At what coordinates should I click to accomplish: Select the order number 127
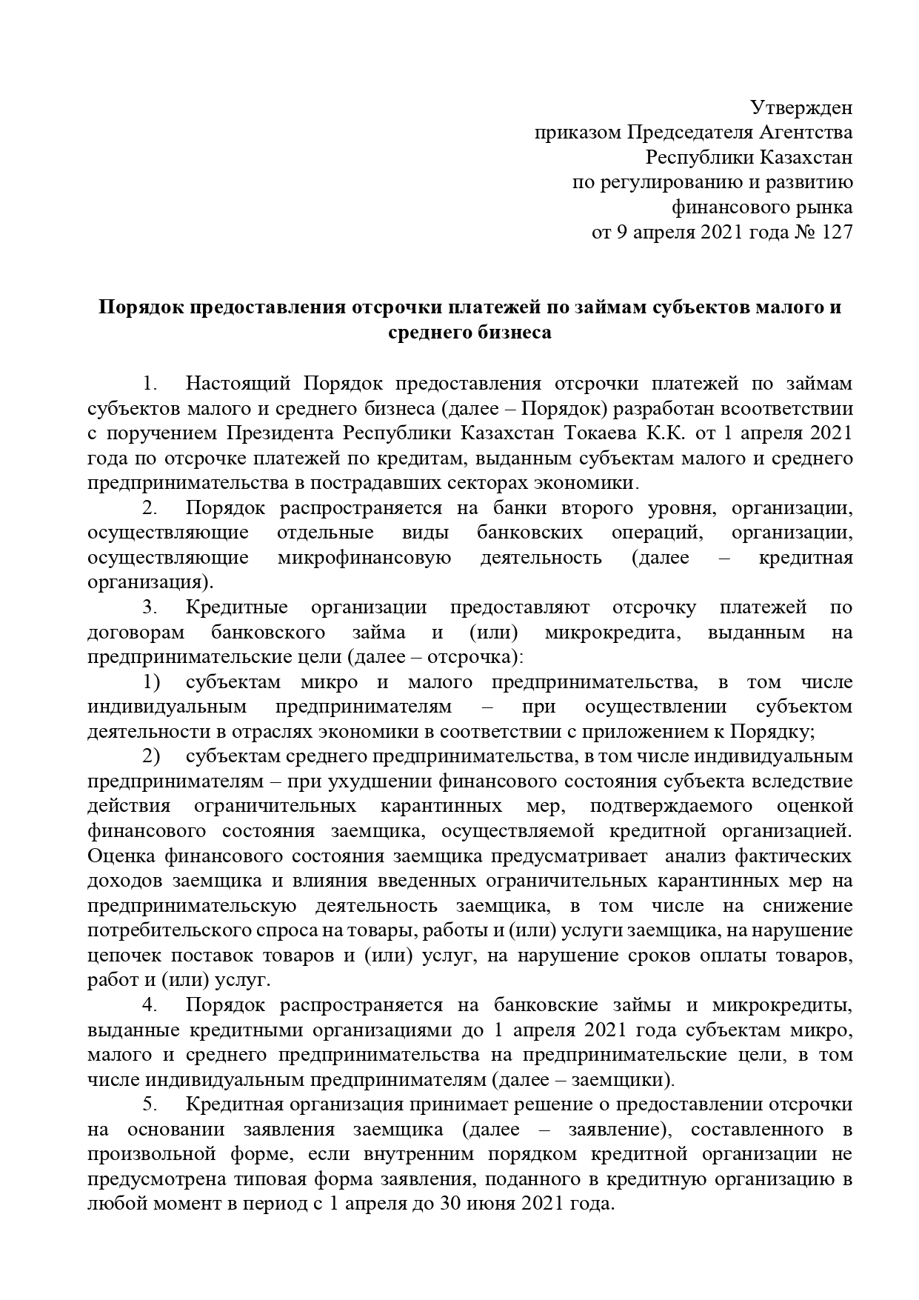837,233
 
